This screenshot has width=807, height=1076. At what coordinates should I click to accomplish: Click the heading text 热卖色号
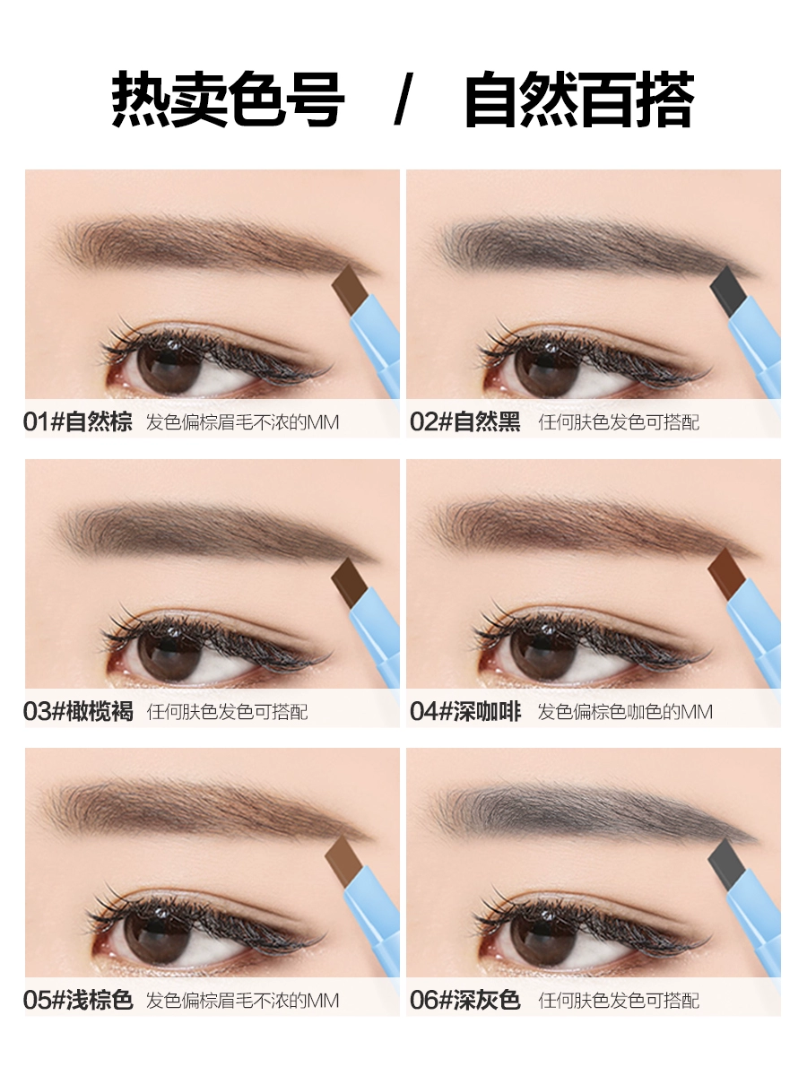coord(229,99)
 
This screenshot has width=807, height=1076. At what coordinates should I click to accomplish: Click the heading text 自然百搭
coord(579,99)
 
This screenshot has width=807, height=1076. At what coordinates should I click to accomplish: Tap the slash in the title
coord(403,99)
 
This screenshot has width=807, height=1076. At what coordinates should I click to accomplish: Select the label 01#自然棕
coord(78,421)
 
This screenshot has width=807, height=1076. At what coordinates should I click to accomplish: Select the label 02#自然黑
coord(465,421)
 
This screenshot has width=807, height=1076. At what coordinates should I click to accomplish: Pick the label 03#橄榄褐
coord(78,711)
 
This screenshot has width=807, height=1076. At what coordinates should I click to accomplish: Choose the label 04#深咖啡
coord(465,711)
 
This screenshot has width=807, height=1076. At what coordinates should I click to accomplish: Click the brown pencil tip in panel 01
coord(350,290)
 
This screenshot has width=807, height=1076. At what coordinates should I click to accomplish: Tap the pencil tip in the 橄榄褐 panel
coord(350,581)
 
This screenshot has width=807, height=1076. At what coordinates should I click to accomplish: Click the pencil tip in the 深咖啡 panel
coord(726,573)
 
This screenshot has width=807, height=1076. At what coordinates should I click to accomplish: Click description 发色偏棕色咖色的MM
coord(625,712)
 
